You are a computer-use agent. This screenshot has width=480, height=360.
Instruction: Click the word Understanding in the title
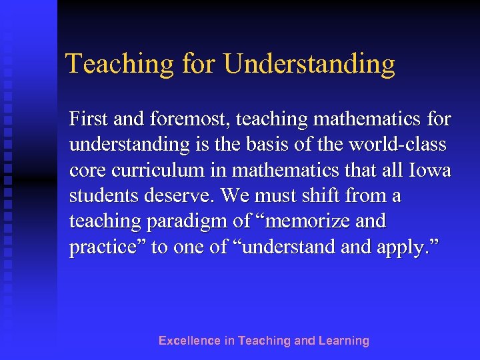[x=309, y=65]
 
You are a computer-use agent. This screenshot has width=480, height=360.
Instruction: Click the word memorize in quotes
[x=301, y=221]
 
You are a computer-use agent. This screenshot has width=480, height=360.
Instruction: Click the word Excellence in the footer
[x=189, y=341]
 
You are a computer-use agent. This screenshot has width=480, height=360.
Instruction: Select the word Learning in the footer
[x=343, y=341]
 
